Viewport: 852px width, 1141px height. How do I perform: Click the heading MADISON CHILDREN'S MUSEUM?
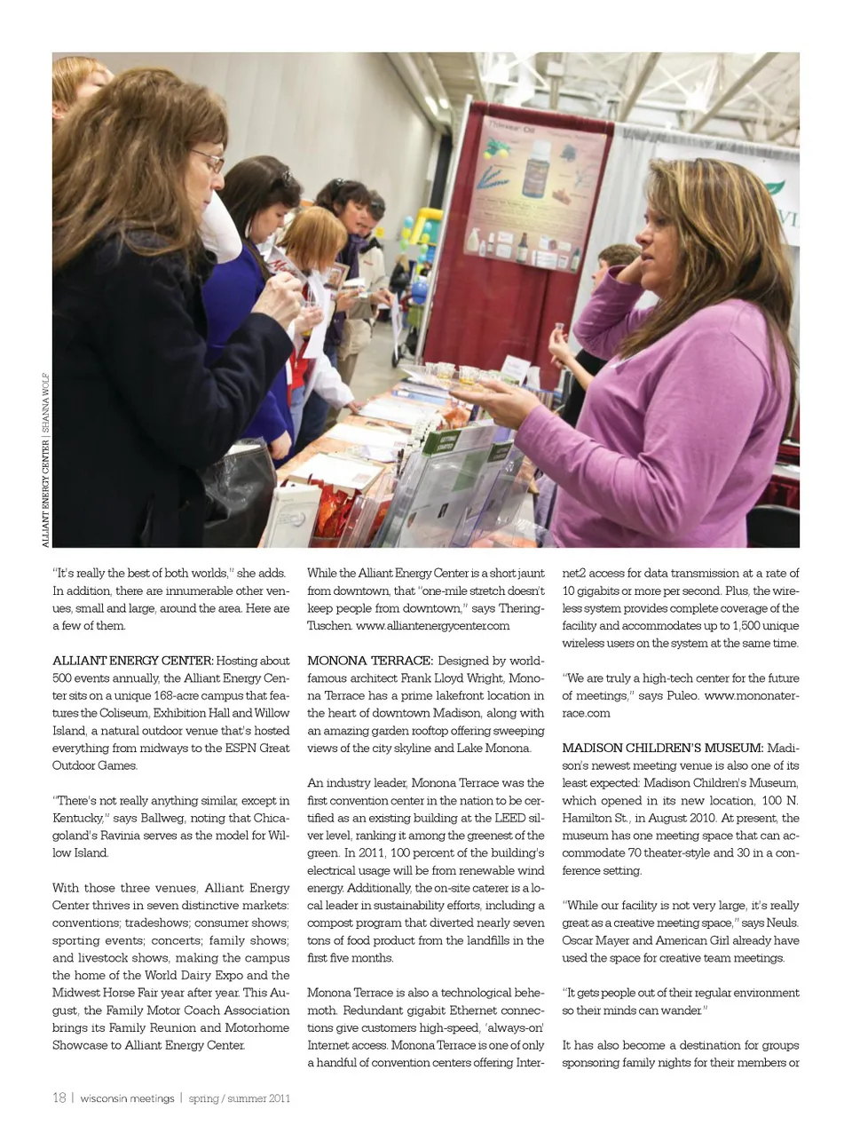pyautogui.click(x=662, y=748)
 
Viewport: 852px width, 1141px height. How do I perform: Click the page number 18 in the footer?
pyautogui.click(x=59, y=1098)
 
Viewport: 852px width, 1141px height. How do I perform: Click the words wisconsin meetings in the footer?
pyautogui.click(x=127, y=1098)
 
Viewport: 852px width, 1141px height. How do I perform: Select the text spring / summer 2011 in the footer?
pyautogui.click(x=240, y=1098)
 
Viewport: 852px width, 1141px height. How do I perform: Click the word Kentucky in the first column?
pyautogui.click(x=77, y=818)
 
